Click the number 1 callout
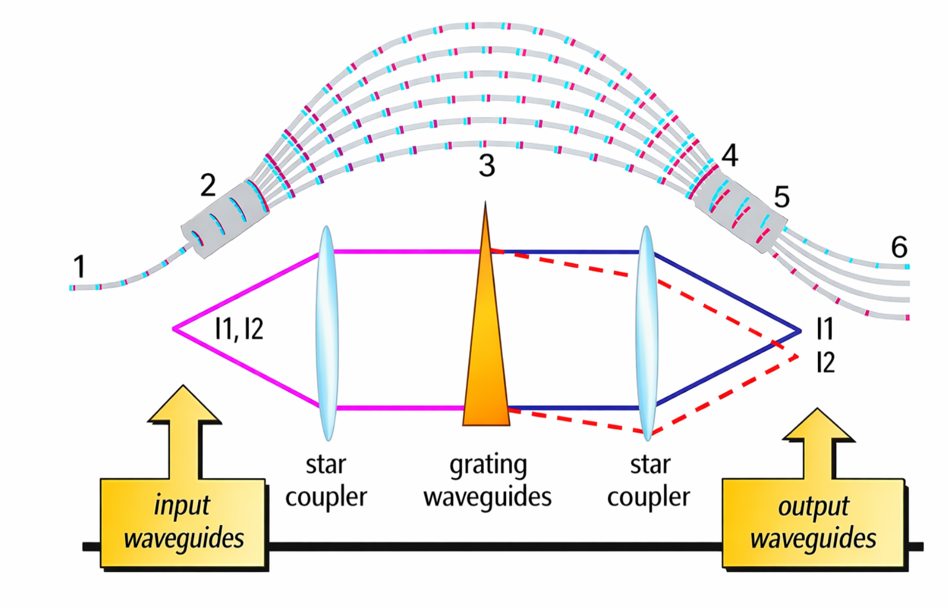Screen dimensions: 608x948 (x=79, y=266)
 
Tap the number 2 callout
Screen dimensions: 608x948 (x=208, y=185)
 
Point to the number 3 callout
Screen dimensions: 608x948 (x=487, y=166)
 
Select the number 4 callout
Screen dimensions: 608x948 (x=729, y=156)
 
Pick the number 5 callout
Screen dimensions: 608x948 (x=781, y=197)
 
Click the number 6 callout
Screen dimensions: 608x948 (x=899, y=247)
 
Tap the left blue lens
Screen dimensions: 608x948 (x=327, y=332)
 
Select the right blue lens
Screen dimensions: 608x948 (x=647, y=332)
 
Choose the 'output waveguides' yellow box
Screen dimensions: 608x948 (x=813, y=523)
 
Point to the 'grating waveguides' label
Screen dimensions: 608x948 (x=488, y=481)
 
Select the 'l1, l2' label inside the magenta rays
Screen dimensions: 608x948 (x=239, y=329)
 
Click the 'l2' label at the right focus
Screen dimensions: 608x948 (x=826, y=362)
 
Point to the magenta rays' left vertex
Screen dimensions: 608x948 (x=174, y=329)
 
